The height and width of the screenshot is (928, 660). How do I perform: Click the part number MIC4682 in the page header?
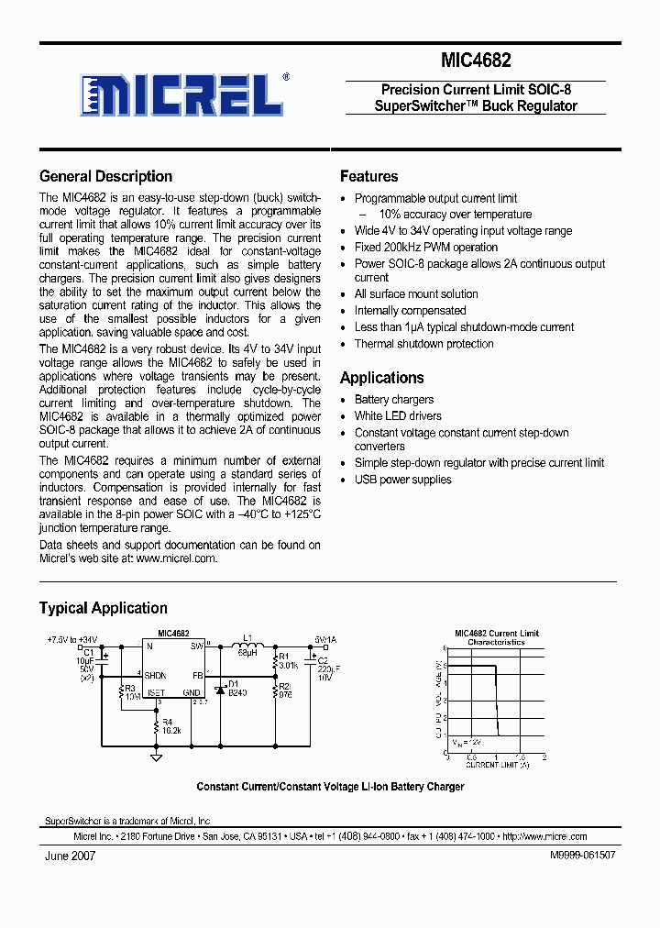pos(475,61)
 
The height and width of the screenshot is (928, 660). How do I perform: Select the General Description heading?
pos(105,176)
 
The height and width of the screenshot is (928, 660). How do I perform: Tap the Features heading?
pos(368,176)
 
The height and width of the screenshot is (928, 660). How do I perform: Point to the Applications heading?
pos(381,378)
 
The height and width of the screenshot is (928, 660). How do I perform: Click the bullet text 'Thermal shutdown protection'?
pos(423,344)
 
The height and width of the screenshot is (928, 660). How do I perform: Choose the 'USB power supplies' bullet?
pos(402,480)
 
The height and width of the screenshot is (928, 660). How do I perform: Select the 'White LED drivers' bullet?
pos(398,416)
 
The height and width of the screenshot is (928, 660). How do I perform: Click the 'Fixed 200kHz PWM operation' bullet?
pos(426,248)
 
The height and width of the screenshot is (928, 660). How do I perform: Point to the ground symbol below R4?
pos(156,757)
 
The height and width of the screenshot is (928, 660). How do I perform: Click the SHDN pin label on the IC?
pos(155,675)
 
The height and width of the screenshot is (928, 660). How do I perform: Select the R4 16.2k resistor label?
pos(171,727)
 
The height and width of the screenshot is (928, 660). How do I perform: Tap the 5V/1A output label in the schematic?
pos(325,640)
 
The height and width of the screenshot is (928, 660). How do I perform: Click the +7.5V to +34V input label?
pos(71,639)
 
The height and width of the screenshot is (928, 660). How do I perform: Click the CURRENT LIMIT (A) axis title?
pos(495,764)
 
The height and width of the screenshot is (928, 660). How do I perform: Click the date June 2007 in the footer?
pos(70,855)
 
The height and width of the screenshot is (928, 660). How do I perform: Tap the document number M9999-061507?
pos(582,855)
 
